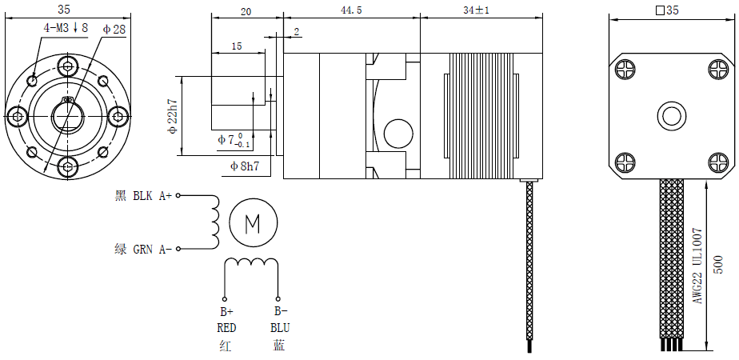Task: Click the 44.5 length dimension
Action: (x=350, y=10)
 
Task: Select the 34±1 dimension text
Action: (x=476, y=10)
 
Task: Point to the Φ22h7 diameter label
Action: (x=172, y=117)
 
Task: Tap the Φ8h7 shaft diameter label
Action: (x=244, y=166)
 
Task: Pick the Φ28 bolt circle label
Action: (x=114, y=29)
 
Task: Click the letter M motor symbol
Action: (x=253, y=222)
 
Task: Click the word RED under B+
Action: (x=226, y=328)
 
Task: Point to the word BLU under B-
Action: (x=279, y=328)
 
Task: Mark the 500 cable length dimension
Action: (x=719, y=265)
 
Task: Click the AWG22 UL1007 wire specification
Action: (x=697, y=265)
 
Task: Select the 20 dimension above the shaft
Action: (x=246, y=12)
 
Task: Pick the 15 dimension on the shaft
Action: (x=236, y=46)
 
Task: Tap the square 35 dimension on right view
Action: (x=666, y=10)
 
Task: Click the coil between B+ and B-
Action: (x=251, y=265)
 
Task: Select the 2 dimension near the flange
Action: (x=297, y=32)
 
